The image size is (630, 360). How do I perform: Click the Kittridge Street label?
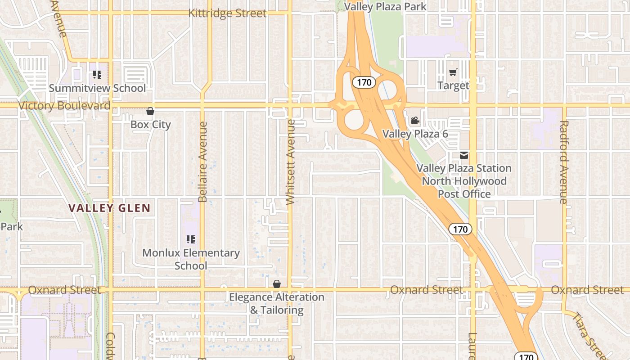point(227,13)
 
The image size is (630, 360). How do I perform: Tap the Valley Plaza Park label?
point(385,6)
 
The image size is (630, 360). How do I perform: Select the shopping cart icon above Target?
point(453,72)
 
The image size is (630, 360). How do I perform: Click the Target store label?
point(453,85)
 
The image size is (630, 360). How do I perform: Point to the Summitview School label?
point(97,88)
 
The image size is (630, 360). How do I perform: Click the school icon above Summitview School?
point(97,75)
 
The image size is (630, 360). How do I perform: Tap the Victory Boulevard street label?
point(64,106)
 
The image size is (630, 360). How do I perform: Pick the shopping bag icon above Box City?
point(150,111)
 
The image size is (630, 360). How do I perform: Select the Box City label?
point(150,124)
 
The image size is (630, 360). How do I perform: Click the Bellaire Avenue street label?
point(202,162)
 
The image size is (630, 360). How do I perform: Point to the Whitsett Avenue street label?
point(291,162)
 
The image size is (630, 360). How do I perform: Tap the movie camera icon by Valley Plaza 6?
point(415,121)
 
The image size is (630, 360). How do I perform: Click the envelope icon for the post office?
point(464,156)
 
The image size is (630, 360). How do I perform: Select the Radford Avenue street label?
point(564,162)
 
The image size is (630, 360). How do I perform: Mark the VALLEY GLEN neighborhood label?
point(109,208)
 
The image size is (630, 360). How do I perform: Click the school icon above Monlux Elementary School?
point(191,239)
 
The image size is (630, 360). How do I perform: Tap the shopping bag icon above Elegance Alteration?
point(277,284)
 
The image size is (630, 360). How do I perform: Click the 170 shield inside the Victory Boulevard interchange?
point(364,82)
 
